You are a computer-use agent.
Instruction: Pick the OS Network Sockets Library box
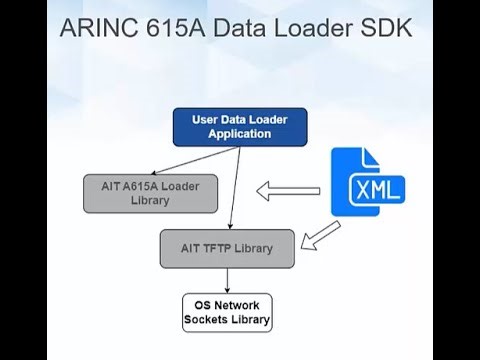pos(226,313)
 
